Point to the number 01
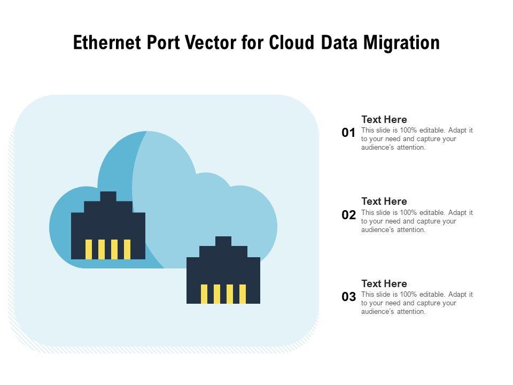(348, 133)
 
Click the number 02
(348, 215)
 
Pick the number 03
(348, 297)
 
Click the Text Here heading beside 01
(384, 120)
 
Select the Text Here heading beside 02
(384, 202)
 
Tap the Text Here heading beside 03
(384, 284)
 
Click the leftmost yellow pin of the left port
(89, 249)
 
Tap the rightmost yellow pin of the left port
(127, 249)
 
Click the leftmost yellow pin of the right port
(204, 294)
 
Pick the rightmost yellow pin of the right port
(243, 294)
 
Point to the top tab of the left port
(108, 196)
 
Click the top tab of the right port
(223, 241)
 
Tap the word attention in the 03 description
(411, 312)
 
